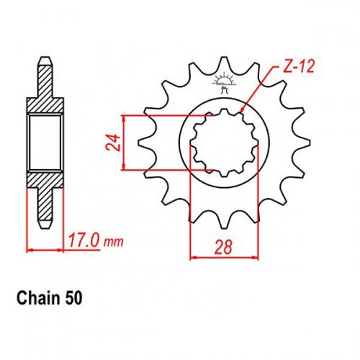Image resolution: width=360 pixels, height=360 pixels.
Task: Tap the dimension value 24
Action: point(113,143)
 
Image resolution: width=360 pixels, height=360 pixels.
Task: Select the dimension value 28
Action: point(223,246)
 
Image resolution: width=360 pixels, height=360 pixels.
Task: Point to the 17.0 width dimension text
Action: point(84,240)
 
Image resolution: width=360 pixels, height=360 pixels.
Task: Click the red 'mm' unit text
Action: point(113,243)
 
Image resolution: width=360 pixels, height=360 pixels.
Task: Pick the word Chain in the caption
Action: point(38,298)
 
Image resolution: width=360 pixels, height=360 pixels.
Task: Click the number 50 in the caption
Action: point(73,298)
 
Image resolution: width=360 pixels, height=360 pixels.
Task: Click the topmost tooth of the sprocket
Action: point(224,63)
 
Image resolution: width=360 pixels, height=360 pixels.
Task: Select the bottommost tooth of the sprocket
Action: point(224,222)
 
